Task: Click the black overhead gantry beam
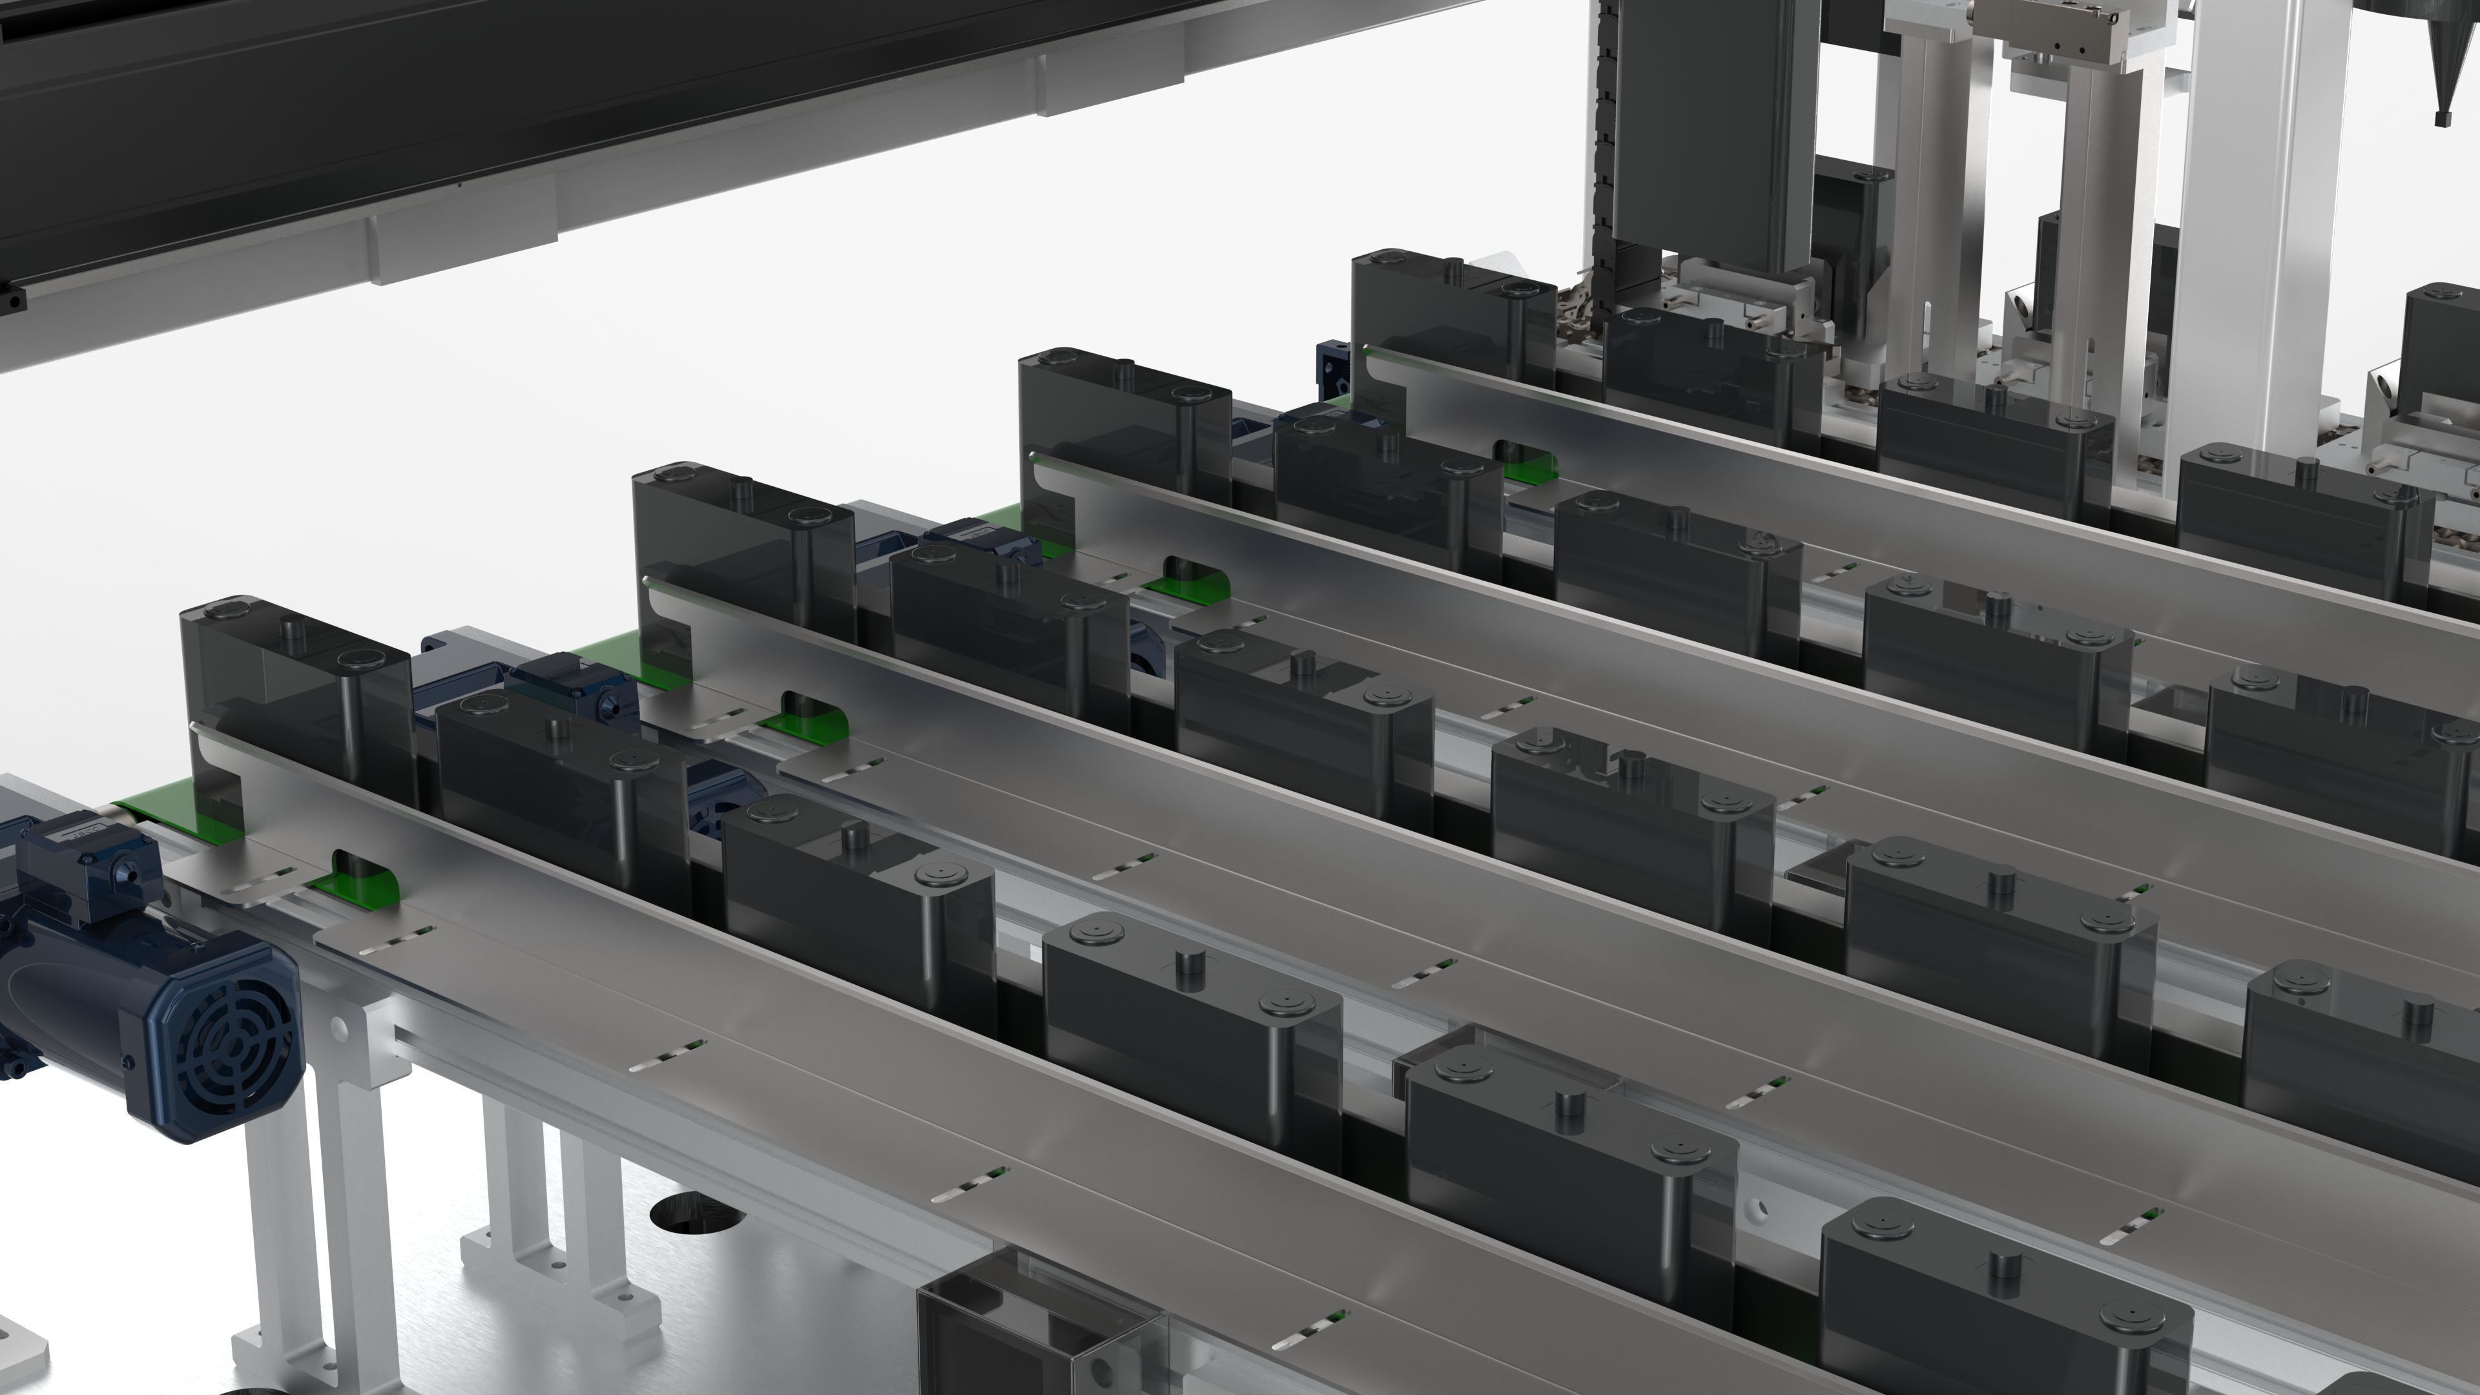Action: click(x=481, y=96)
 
